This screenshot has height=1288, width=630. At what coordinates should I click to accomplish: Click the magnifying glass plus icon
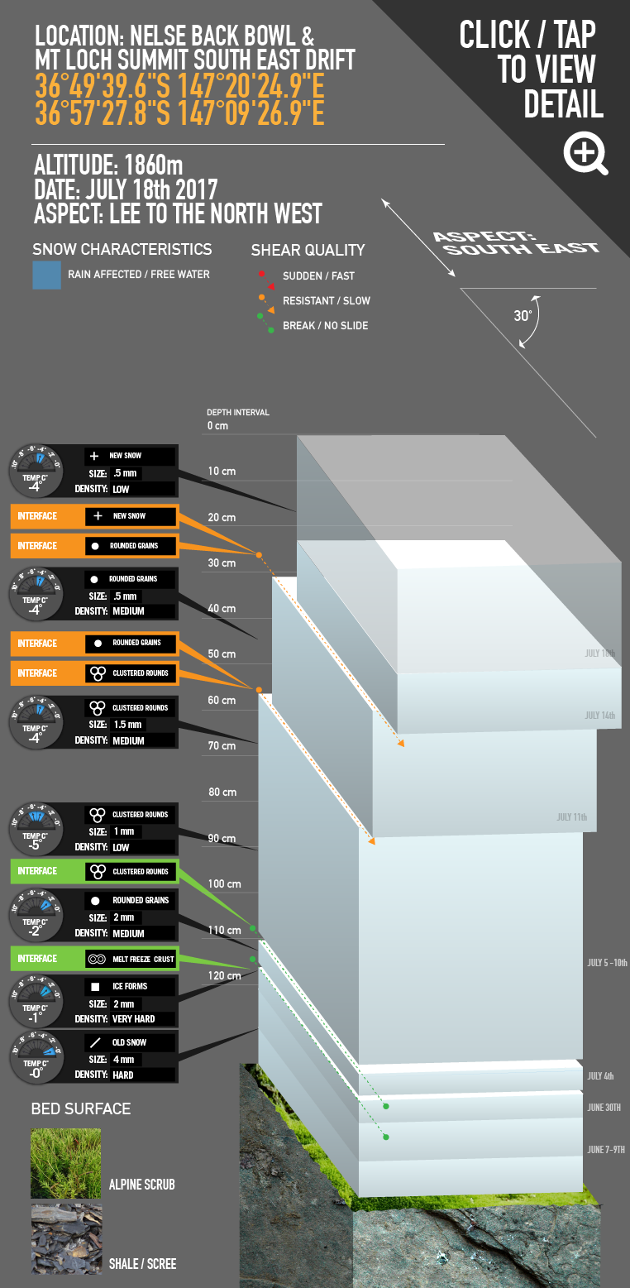click(x=585, y=153)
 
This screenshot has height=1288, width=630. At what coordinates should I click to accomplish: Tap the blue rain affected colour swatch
click(x=46, y=275)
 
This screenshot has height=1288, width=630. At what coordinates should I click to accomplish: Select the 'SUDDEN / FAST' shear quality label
click(x=318, y=275)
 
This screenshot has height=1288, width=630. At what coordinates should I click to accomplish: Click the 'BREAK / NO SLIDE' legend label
click(x=325, y=325)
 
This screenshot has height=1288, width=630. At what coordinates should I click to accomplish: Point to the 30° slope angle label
click(x=523, y=315)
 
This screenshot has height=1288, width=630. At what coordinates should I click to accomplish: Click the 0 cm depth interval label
click(x=217, y=426)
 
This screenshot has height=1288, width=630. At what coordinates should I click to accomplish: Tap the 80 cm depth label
click(x=222, y=792)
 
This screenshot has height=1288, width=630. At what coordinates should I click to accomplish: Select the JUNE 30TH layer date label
click(x=604, y=1107)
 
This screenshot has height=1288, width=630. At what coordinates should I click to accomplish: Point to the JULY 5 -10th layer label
click(x=607, y=963)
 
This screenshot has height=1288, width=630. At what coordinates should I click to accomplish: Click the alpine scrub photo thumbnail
click(x=65, y=1163)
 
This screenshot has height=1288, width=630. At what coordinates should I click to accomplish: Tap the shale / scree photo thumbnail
click(x=65, y=1238)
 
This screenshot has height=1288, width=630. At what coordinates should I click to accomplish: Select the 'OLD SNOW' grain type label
click(x=131, y=1042)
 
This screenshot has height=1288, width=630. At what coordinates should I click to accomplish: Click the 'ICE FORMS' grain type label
click(x=130, y=987)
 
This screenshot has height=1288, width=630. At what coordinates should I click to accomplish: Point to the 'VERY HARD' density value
click(x=134, y=1018)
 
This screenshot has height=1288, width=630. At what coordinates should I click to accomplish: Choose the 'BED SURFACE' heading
click(x=81, y=1108)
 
